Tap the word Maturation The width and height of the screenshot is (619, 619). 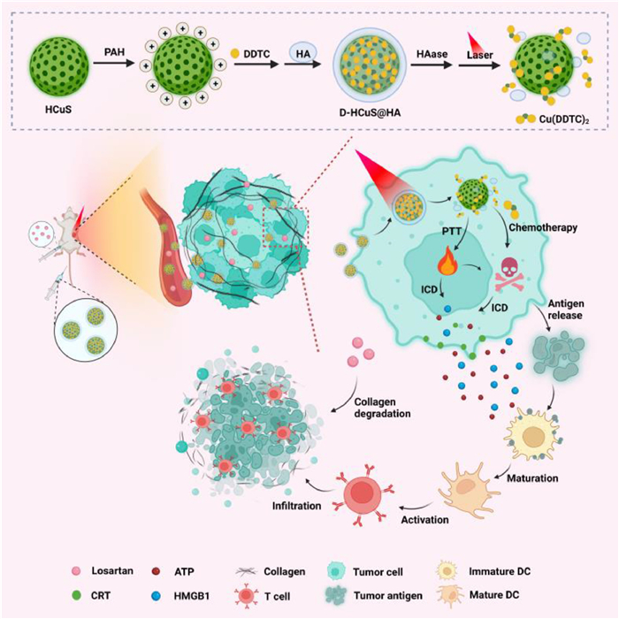tap(533, 478)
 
